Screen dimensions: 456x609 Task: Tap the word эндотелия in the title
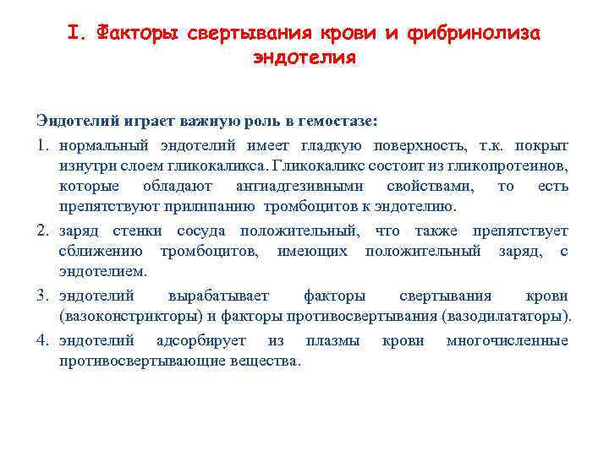[304, 58]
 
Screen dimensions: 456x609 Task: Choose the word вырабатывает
[219, 296]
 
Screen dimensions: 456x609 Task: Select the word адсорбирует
[201, 340]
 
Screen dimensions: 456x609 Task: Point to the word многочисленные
[507, 340]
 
